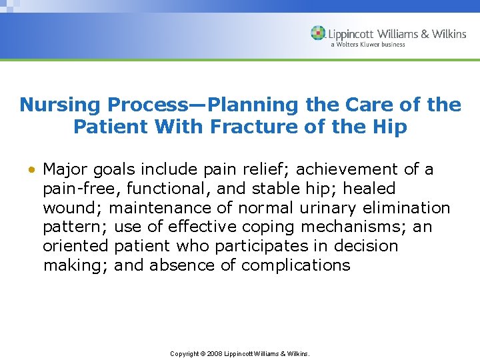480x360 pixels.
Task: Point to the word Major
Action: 66,170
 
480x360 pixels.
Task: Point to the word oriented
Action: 75,246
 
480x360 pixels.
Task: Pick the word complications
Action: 295,265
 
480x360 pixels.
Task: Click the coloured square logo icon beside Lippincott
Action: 318,33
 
